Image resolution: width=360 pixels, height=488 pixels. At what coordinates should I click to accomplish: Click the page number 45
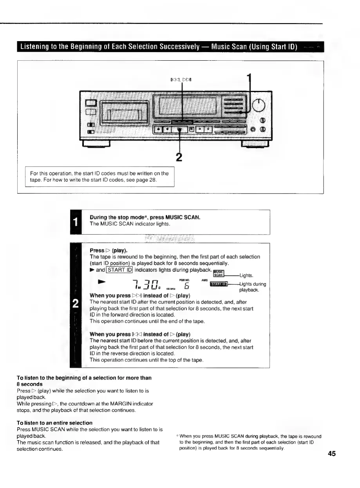332,454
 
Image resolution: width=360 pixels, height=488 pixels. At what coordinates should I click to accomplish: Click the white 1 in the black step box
75,222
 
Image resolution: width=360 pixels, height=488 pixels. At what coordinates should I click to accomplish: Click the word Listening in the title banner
36,47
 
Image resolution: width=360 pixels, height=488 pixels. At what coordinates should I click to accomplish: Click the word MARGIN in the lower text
114,403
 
